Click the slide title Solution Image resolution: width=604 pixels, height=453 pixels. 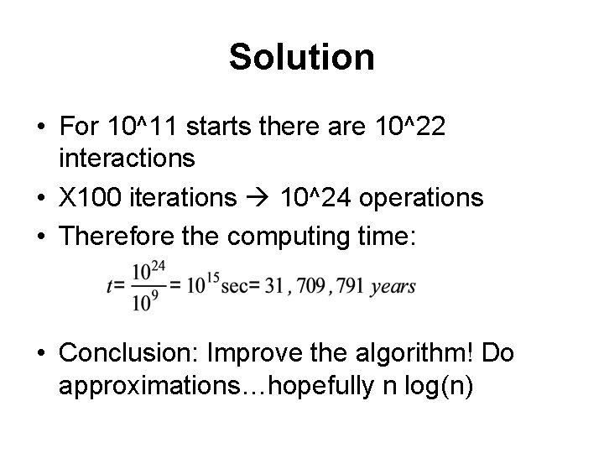301,58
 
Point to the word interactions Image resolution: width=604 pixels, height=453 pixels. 128,157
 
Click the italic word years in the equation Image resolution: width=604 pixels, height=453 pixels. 393,287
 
